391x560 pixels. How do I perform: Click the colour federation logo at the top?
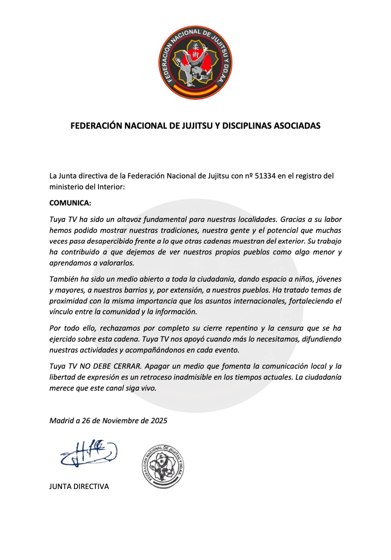(x=195, y=63)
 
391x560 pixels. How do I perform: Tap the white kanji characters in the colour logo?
(x=195, y=51)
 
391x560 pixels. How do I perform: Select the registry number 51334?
(x=265, y=176)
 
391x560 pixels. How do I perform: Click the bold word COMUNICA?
(x=70, y=203)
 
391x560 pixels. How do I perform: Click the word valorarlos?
(x=117, y=263)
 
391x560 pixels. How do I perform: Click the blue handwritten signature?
(x=89, y=454)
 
